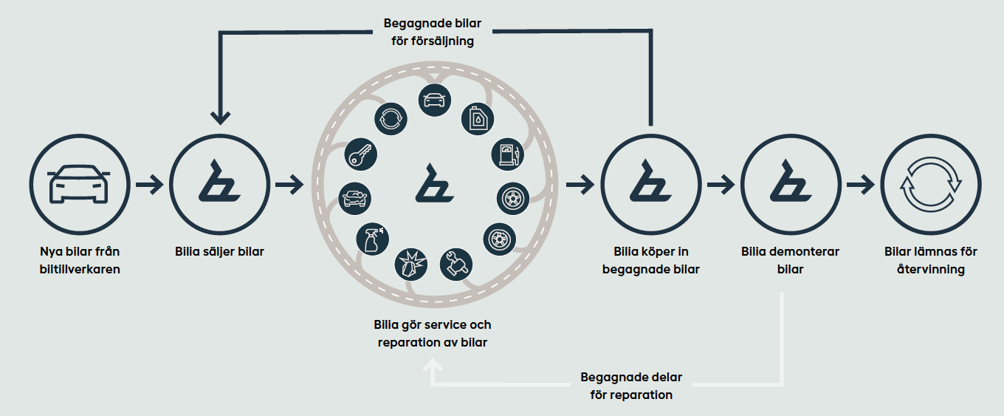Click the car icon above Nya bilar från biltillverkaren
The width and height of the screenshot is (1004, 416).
click(x=78, y=184)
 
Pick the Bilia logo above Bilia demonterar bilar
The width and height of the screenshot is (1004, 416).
click(x=790, y=184)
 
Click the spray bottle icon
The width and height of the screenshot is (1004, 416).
click(x=371, y=239)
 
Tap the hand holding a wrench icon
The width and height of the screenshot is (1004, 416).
click(x=457, y=262)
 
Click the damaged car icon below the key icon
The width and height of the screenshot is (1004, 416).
click(x=355, y=198)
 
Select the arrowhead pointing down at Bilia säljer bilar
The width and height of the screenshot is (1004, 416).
click(x=220, y=117)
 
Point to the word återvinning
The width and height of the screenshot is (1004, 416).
click(x=930, y=270)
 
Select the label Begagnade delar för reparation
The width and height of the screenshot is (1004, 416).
click(x=631, y=386)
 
